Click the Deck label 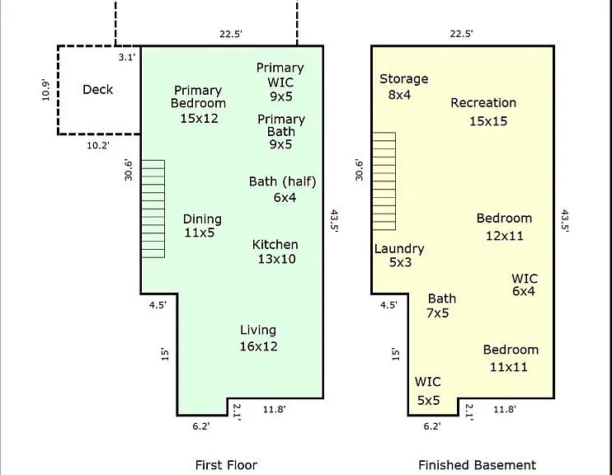(97, 89)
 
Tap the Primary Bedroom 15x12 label (198, 104)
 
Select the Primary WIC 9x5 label (280, 82)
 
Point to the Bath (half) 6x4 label (283, 190)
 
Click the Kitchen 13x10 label (275, 252)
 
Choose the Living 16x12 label (258, 338)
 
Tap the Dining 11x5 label (202, 226)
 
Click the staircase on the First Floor (153, 209)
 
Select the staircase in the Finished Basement (384, 181)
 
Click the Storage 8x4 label (403, 87)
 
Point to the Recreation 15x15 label (483, 111)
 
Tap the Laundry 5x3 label (399, 256)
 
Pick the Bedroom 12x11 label (504, 227)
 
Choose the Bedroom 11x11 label (511, 358)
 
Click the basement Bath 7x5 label (440, 306)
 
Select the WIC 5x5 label (428, 391)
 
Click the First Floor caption (226, 465)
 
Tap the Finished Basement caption (477, 465)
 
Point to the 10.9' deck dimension (45, 90)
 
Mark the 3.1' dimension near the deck (127, 58)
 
